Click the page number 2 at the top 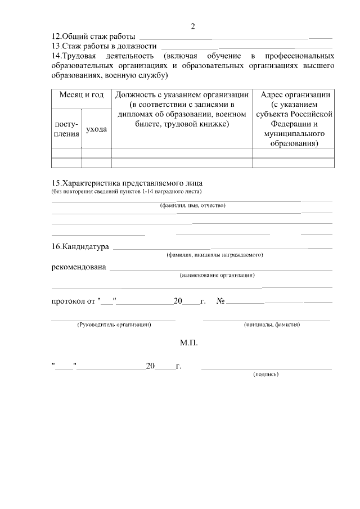[x=192, y=26]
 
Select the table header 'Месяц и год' [x=82, y=95]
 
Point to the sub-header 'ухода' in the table [x=96, y=129]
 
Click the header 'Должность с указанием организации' [x=182, y=95]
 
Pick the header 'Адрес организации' [x=293, y=94]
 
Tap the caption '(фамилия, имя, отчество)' [x=192, y=205]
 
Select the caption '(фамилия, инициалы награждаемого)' [x=215, y=255]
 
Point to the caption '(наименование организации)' [x=217, y=275]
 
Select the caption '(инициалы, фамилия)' [x=272, y=325]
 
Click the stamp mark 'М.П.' [x=189, y=343]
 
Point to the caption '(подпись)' [x=266, y=373]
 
